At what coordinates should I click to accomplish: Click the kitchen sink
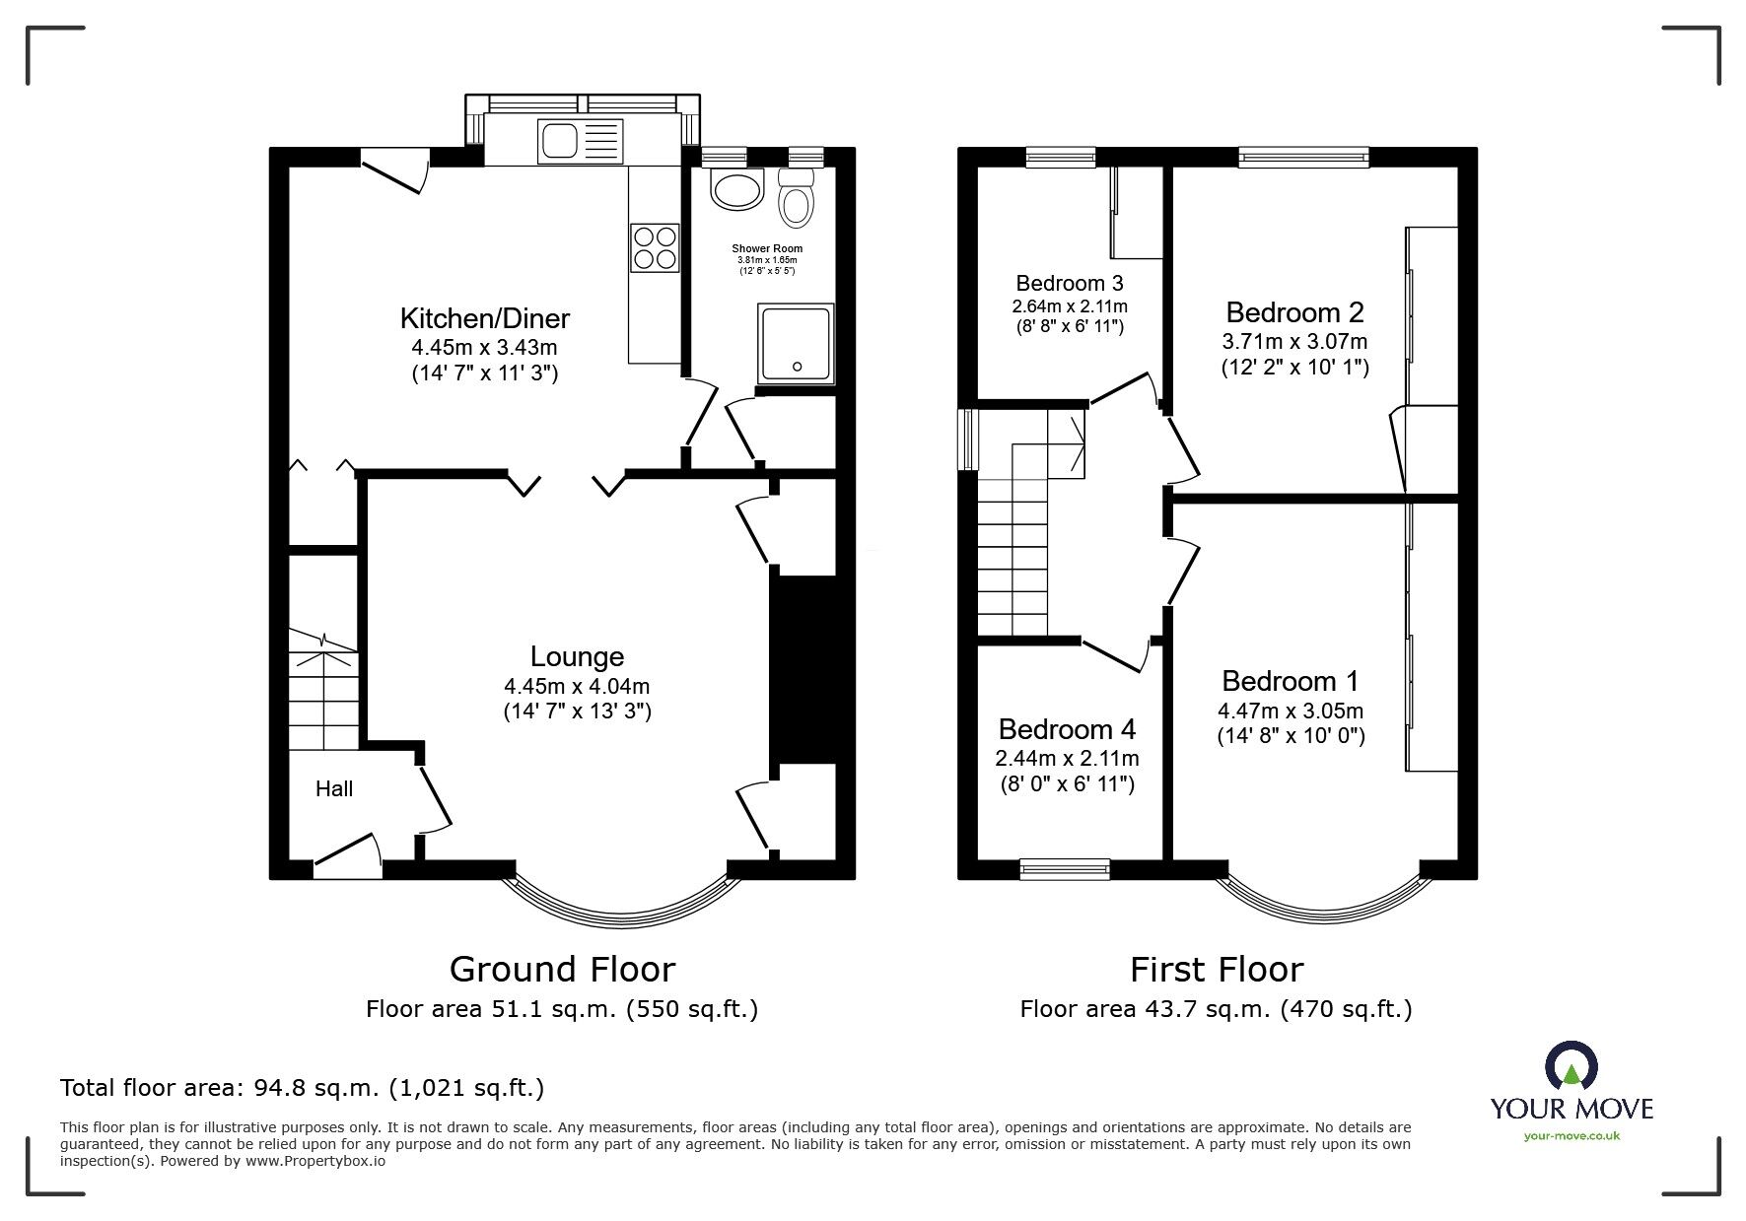[x=581, y=140]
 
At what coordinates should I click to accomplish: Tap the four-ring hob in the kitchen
[x=655, y=247]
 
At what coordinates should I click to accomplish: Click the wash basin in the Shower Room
[x=736, y=190]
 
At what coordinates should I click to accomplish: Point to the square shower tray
[x=796, y=343]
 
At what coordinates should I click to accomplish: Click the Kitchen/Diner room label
[x=485, y=318]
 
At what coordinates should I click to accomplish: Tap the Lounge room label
[x=577, y=656]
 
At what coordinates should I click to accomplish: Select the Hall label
[x=334, y=788]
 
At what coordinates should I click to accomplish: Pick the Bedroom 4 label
[x=1067, y=729]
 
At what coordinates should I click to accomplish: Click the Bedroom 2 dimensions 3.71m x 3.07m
[x=1294, y=342]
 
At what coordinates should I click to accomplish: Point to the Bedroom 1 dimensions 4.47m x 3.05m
[x=1291, y=711]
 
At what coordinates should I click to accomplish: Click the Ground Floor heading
[x=562, y=970]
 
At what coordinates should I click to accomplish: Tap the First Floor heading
[x=1217, y=970]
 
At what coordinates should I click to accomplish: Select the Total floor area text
[x=302, y=1088]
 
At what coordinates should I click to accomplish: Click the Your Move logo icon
[x=1571, y=1067]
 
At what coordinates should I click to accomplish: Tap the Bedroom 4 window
[x=1065, y=869]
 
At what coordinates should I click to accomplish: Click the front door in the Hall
[x=347, y=855]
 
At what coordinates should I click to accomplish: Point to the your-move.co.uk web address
[x=1571, y=1136]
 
